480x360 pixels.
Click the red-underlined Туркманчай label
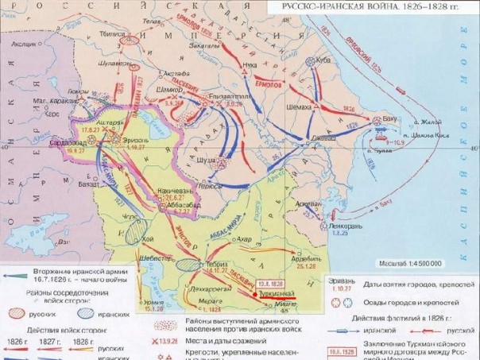click(273, 294)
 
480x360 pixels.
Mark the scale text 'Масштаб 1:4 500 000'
click(415, 263)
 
